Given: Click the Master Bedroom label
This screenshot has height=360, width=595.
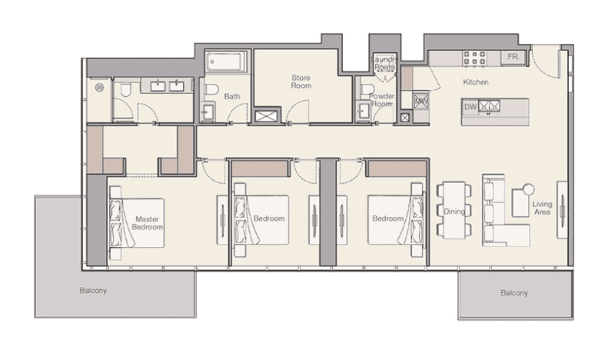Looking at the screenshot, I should click(147, 223).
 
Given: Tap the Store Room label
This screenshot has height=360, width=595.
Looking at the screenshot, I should click(300, 82).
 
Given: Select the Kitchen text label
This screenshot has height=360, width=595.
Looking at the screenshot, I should click(476, 82).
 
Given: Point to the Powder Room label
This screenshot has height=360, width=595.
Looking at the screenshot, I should click(381, 100).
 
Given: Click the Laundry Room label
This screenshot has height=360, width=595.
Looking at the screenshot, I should click(384, 63).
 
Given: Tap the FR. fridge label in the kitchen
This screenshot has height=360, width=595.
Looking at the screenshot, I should click(513, 57).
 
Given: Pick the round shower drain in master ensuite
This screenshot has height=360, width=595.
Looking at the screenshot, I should click(98, 87).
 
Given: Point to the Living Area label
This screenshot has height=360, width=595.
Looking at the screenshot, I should click(542, 208).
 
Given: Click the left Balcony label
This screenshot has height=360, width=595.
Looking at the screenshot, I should click(92, 291).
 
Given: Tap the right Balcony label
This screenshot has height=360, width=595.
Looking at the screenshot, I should click(514, 293).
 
